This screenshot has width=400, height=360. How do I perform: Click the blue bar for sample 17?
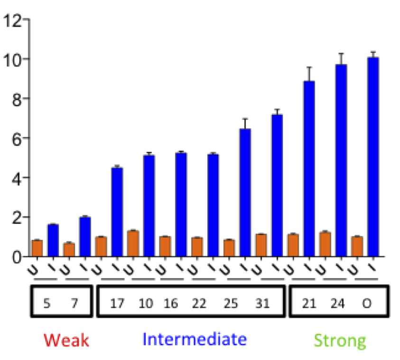[x=117, y=212]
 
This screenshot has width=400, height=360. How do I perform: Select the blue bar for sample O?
[x=373, y=157]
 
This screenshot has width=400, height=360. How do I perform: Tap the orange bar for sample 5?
[x=37, y=248]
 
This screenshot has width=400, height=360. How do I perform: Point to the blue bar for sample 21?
[x=309, y=169]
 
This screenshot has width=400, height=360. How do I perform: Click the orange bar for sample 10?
[x=133, y=244]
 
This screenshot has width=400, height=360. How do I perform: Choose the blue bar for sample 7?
[x=85, y=237]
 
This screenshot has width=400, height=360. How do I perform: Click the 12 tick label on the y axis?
[x=13, y=20]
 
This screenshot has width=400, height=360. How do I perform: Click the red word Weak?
[x=66, y=340]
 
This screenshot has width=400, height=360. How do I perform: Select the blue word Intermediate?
[x=195, y=339]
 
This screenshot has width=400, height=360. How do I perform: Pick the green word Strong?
[x=340, y=340]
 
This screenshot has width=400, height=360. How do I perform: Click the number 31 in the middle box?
[x=262, y=303]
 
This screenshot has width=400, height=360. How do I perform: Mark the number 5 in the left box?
[x=47, y=303]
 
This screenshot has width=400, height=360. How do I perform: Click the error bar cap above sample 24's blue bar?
[x=341, y=54]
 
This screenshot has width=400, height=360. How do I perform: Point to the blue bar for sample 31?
[x=277, y=185]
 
